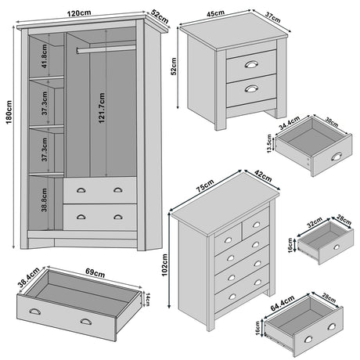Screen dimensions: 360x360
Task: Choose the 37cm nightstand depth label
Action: (272, 17)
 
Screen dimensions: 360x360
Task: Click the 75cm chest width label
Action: (206, 189)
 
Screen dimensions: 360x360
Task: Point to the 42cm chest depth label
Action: (263, 177)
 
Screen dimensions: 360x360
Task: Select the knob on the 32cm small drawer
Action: (337, 247)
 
